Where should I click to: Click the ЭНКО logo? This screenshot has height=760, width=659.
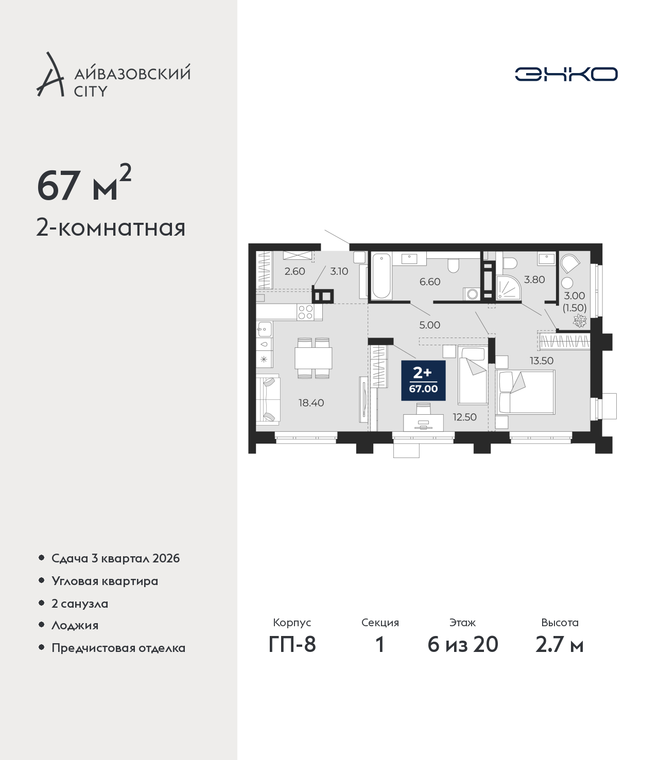(x=566, y=74)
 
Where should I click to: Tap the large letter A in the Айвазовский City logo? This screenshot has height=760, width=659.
(x=49, y=75)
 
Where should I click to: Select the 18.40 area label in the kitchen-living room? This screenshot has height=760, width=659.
(x=311, y=403)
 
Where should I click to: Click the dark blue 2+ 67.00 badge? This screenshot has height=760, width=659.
(x=423, y=380)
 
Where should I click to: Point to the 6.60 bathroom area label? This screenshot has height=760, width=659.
(x=430, y=281)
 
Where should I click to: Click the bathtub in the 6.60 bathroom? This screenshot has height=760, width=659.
(x=381, y=276)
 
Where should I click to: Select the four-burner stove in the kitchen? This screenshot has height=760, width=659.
(x=306, y=312)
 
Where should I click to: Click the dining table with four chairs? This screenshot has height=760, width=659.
(x=313, y=358)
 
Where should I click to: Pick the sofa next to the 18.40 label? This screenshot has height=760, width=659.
(x=268, y=399)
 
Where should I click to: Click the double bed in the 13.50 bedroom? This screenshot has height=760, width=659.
(x=525, y=392)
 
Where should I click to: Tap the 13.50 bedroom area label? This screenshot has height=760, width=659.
(x=542, y=361)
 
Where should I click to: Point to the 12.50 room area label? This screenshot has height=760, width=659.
(x=465, y=417)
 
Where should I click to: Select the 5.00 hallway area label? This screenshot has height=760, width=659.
(x=430, y=325)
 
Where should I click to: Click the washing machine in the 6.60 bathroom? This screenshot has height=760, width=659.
(x=472, y=294)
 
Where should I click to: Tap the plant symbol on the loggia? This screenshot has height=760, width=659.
(x=580, y=321)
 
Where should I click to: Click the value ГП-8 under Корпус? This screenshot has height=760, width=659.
(x=292, y=645)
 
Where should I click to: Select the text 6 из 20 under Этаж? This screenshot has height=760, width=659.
(x=463, y=645)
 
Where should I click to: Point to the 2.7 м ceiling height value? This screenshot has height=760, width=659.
(x=560, y=645)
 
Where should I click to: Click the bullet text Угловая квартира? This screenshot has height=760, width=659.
(x=105, y=581)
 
